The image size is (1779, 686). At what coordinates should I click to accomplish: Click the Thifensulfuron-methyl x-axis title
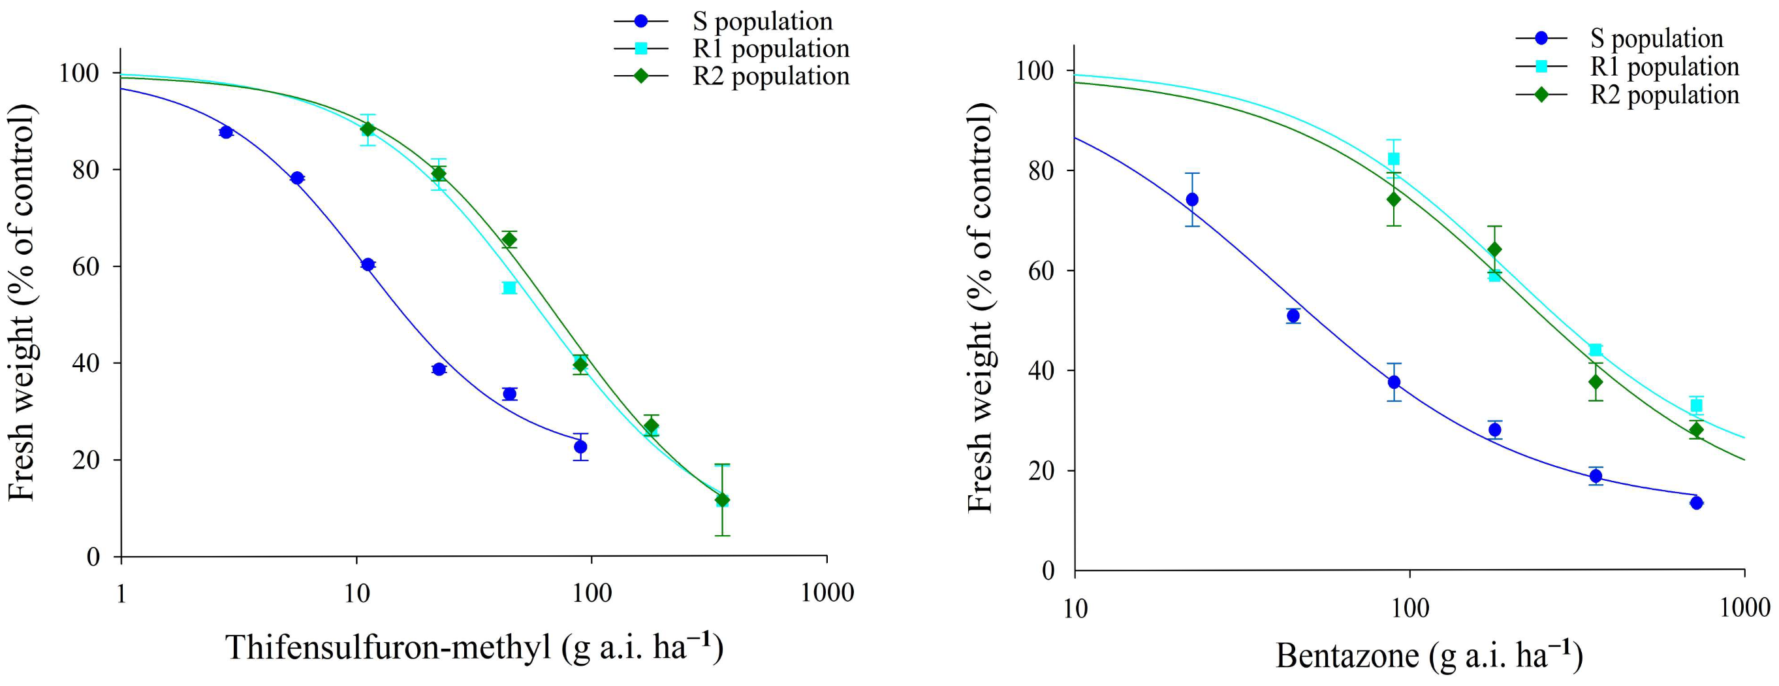474,648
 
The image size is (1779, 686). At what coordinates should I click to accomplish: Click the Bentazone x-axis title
1428,655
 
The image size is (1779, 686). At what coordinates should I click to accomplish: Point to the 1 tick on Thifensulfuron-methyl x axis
121,593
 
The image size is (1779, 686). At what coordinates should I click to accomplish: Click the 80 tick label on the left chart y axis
86,170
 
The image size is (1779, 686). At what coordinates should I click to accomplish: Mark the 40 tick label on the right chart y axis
1041,371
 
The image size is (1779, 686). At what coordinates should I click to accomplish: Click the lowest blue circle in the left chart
580,447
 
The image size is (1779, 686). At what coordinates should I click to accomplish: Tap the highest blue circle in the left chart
226,132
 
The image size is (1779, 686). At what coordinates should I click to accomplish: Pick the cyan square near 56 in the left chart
509,287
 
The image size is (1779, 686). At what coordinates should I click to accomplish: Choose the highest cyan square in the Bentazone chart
1394,159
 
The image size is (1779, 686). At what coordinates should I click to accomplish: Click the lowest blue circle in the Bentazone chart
1696,503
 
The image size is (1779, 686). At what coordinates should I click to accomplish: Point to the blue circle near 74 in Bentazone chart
1192,200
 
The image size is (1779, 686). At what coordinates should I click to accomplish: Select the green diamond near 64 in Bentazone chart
1494,250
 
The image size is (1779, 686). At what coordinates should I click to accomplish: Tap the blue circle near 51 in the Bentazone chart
1293,316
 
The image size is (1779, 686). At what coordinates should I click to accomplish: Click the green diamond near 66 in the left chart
509,240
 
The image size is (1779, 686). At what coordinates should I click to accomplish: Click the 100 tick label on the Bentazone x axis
1409,608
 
